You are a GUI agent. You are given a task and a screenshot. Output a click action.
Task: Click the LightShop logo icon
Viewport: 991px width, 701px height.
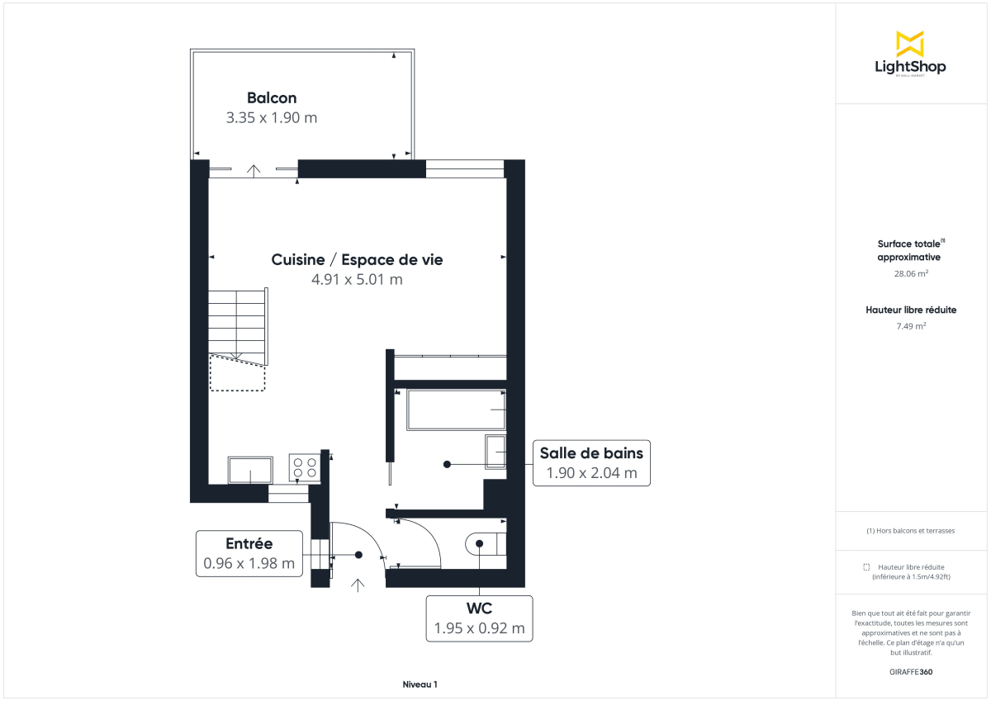[910, 44]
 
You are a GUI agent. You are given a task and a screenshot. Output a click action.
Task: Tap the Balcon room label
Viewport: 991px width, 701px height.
[272, 98]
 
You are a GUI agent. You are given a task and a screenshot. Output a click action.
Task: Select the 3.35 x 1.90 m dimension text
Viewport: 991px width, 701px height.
[272, 117]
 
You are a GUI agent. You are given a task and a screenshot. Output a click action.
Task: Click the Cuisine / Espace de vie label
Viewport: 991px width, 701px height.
[357, 259]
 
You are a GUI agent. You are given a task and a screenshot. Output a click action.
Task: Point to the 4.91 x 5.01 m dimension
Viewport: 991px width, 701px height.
[357, 279]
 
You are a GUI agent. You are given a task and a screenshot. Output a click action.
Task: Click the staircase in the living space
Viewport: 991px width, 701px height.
[238, 326]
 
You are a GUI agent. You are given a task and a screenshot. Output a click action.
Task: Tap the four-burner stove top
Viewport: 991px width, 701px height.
[304, 468]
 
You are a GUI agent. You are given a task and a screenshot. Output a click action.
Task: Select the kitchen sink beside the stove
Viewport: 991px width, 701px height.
[251, 470]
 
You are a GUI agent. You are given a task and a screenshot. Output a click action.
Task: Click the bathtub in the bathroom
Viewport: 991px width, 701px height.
[456, 410]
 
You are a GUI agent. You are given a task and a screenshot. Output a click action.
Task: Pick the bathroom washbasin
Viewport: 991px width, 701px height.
[495, 452]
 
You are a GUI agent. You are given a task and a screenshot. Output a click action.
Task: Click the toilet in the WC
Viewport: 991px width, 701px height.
[486, 544]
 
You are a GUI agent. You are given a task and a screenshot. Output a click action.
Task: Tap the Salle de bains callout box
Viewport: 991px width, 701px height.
[591, 462]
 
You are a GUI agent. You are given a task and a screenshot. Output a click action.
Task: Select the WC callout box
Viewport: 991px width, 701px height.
[479, 618]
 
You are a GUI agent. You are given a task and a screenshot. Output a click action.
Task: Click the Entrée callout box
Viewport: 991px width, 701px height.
[249, 553]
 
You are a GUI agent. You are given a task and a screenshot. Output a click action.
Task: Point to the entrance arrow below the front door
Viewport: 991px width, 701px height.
[358, 585]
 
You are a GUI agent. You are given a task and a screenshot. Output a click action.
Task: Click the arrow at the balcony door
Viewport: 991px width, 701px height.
[254, 170]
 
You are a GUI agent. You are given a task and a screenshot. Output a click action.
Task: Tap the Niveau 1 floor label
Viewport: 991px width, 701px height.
[420, 684]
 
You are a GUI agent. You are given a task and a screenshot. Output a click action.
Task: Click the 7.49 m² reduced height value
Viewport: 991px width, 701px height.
[911, 325]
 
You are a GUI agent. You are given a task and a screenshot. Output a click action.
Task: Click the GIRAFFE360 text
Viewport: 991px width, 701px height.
[911, 671]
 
